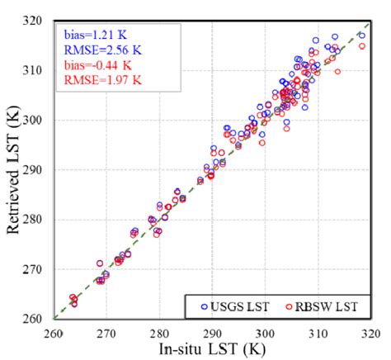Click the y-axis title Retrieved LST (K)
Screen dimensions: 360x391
13,169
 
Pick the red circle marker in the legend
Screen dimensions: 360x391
290,306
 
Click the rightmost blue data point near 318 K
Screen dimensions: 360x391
361,36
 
